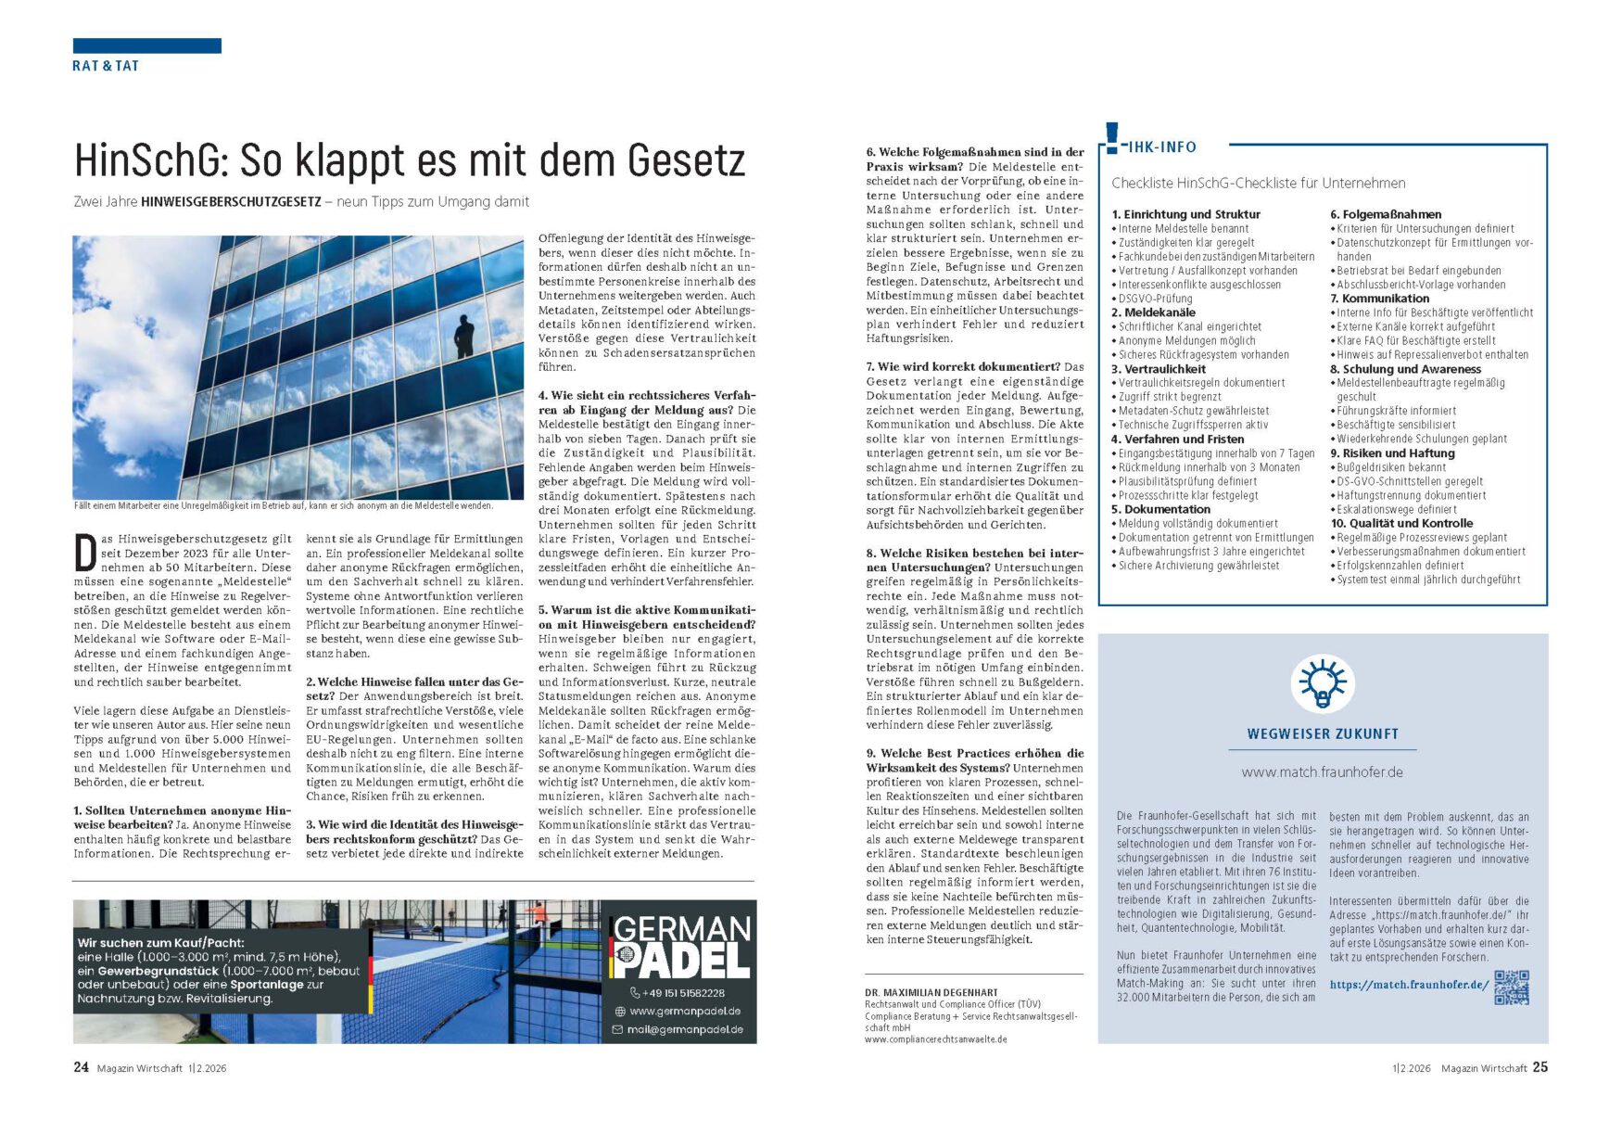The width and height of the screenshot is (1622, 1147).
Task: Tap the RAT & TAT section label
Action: tap(106, 66)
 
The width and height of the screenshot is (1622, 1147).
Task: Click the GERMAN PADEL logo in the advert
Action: tap(682, 947)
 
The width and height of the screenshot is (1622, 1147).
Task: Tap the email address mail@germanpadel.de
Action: tap(685, 1029)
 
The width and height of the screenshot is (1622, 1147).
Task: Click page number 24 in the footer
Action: tap(82, 1067)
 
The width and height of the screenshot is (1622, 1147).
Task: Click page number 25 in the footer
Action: tap(1540, 1067)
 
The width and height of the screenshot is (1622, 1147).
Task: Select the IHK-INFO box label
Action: tap(1162, 147)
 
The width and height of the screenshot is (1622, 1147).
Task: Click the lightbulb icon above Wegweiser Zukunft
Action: tap(1323, 682)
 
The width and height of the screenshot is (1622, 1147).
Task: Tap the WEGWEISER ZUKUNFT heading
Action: tap(1323, 733)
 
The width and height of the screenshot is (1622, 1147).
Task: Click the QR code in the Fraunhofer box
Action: tap(1512, 987)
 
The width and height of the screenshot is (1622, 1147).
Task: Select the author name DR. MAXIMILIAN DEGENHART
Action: tap(931, 992)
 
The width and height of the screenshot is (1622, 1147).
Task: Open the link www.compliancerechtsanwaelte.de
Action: tap(935, 1039)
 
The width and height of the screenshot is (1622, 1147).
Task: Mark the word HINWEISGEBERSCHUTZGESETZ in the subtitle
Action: tap(231, 201)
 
